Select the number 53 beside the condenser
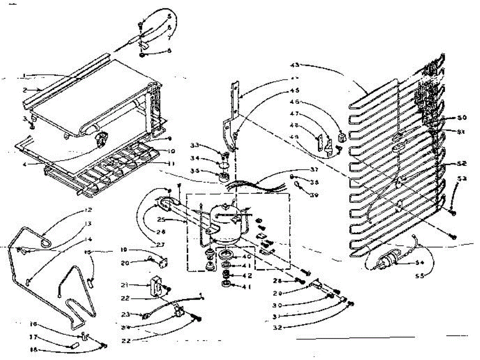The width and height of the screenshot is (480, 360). [x=463, y=178]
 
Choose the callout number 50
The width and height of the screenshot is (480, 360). [x=462, y=118]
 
